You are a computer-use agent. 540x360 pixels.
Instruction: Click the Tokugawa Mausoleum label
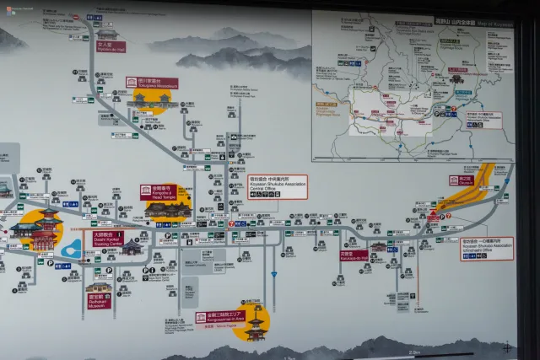(x=152, y=83)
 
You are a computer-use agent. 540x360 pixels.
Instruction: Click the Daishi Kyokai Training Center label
(x=108, y=239)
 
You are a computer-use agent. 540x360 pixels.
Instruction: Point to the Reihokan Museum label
(x=99, y=298)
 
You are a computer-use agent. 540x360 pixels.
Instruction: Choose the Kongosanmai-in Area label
(x=221, y=318)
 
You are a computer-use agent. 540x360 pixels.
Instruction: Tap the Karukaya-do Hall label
(x=354, y=255)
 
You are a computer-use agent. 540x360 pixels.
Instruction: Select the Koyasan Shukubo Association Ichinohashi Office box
(x=487, y=248)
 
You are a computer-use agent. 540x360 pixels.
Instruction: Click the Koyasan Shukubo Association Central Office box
(x=278, y=186)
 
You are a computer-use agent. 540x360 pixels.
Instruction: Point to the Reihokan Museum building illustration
(x=99, y=287)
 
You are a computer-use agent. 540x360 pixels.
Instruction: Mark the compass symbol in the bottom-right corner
(x=507, y=347)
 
